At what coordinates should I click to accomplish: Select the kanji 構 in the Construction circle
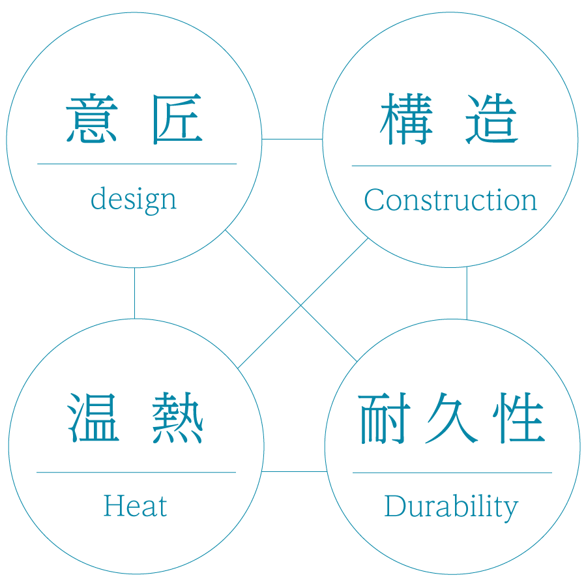click(405, 119)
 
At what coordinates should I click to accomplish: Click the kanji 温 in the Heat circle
click(93, 418)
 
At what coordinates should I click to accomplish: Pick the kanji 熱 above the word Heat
click(178, 418)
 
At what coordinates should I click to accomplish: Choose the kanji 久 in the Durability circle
click(451, 418)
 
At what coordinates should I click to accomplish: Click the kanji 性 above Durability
click(519, 418)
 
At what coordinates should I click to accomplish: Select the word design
click(134, 199)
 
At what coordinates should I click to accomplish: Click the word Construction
click(450, 200)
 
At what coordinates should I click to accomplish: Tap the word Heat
click(135, 506)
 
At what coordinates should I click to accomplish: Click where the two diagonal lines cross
click(300, 304)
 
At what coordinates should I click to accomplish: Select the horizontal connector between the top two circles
click(292, 139)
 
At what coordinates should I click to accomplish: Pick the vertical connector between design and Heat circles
click(135, 293)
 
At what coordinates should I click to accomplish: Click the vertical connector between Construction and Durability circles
click(467, 293)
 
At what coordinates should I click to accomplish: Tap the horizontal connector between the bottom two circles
click(294, 471)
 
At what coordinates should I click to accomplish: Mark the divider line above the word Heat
click(136, 472)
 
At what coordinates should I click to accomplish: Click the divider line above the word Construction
click(451, 166)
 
